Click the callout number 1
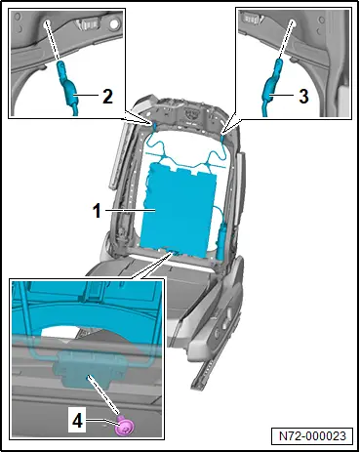[x=98, y=211]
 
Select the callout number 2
[x=108, y=97]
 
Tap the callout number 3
[x=303, y=97]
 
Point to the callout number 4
[x=77, y=422]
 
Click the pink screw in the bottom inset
[x=125, y=426]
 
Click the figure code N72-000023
[x=312, y=435]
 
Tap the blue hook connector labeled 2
[x=67, y=86]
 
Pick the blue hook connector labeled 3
[x=271, y=86]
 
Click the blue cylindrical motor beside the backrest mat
[x=222, y=241]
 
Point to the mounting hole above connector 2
[x=48, y=22]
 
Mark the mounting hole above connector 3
[x=293, y=22]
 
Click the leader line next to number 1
[x=130, y=211]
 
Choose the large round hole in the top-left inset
[x=114, y=23]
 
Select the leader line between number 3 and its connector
[x=283, y=95]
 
